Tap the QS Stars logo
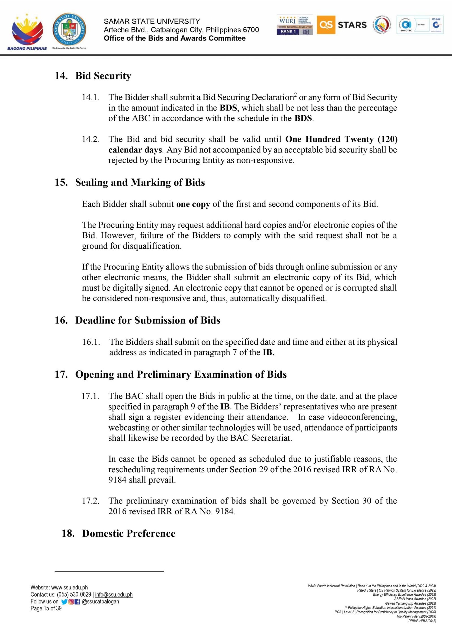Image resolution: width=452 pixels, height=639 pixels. (x=342, y=25)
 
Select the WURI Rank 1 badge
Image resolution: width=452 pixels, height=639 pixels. (x=295, y=25)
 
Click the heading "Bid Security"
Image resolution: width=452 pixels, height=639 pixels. (x=103, y=76)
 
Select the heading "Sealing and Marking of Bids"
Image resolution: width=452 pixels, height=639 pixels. (x=140, y=182)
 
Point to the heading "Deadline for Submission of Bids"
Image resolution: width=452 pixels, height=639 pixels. (x=147, y=320)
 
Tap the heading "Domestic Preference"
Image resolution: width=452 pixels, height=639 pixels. (x=129, y=533)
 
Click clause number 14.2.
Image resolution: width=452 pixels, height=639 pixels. (x=91, y=139)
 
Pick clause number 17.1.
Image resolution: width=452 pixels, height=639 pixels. (x=90, y=396)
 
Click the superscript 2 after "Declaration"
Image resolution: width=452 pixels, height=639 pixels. (x=295, y=95)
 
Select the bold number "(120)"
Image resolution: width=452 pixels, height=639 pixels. (x=387, y=139)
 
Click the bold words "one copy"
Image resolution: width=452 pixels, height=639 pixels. (x=193, y=204)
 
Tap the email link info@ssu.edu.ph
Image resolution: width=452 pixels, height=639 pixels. (x=114, y=595)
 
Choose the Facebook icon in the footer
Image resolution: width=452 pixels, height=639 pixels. (x=77, y=602)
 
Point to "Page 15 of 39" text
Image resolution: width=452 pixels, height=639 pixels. (x=46, y=608)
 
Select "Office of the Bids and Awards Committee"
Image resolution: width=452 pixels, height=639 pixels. (x=175, y=38)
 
